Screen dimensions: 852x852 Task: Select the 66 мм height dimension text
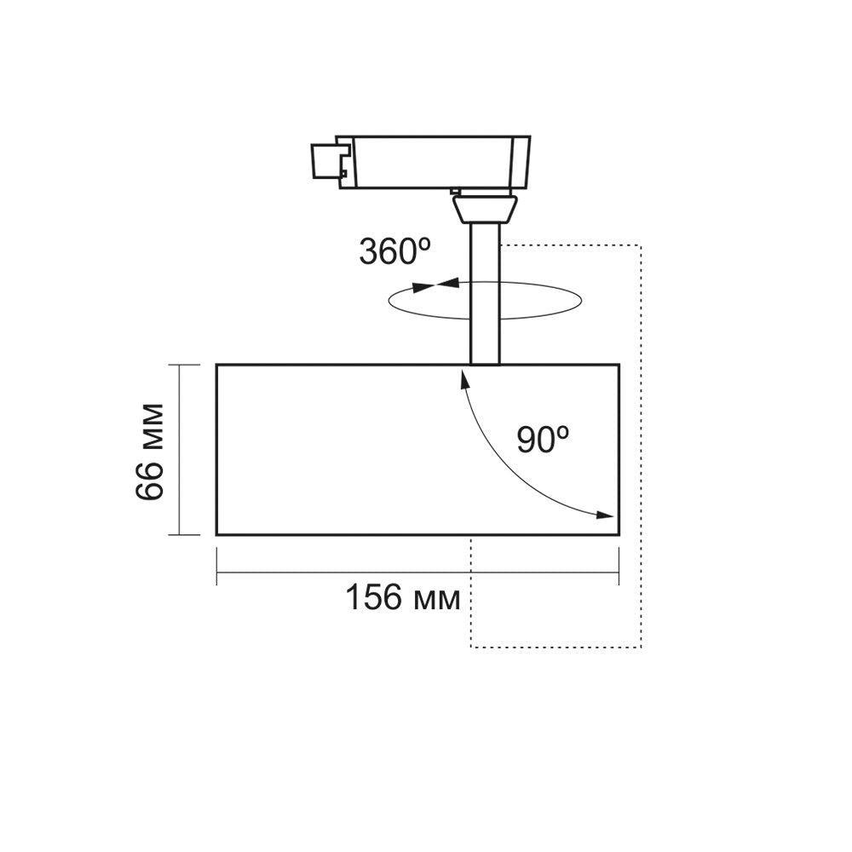149,450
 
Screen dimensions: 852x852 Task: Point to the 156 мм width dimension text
402,597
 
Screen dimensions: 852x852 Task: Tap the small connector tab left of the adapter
325,160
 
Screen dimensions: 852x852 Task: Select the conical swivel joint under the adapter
485,208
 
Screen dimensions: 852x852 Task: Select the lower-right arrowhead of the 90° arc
605,515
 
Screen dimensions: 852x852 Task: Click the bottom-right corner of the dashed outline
641,647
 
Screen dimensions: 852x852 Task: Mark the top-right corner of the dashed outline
641,246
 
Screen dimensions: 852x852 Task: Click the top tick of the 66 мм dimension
178,365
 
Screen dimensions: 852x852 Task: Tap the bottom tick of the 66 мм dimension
178,534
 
